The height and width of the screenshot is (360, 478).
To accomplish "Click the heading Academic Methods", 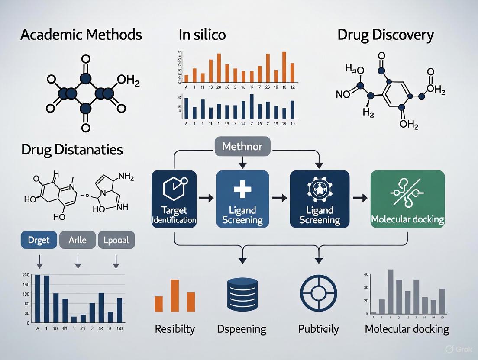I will pyautogui.click(x=81, y=35).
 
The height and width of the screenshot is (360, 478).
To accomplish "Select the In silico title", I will pyautogui.click(x=202, y=35).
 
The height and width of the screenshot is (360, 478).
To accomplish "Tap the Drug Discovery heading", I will pyautogui.click(x=385, y=35).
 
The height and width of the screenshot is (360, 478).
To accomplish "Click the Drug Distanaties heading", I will pyautogui.click(x=72, y=150).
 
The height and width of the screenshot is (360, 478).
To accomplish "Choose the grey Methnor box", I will pyautogui.click(x=242, y=147).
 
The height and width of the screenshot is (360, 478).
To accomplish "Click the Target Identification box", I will pyautogui.click(x=174, y=199).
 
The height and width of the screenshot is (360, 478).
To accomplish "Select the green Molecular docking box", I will pyautogui.click(x=407, y=199).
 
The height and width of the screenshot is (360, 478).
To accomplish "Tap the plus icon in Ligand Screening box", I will pyautogui.click(x=242, y=191).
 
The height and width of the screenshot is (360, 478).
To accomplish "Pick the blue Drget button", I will pyautogui.click(x=39, y=240).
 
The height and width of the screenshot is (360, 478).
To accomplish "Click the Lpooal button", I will pyautogui.click(x=116, y=240).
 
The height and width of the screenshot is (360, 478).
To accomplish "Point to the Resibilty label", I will pyautogui.click(x=174, y=329).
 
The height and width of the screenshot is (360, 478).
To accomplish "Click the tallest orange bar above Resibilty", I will pyautogui.click(x=175, y=295).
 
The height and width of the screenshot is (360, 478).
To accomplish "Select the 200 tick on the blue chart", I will pyautogui.click(x=26, y=275).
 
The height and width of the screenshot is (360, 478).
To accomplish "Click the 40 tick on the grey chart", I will pyautogui.click(x=366, y=274).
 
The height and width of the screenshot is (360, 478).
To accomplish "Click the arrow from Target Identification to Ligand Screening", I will pyautogui.click(x=206, y=199).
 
